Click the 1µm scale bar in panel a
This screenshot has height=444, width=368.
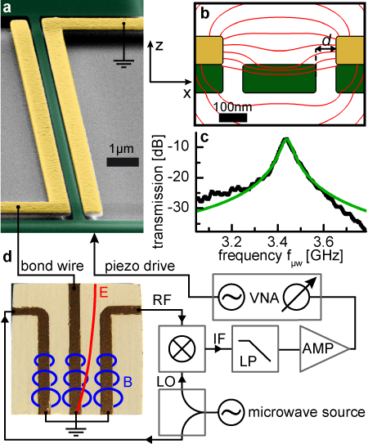123,162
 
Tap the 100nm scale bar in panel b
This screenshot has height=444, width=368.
233,118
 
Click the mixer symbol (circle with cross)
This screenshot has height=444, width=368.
182,348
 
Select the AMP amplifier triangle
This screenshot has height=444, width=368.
325,348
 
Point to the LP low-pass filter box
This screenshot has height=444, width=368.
255,348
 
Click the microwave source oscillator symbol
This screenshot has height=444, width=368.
231,412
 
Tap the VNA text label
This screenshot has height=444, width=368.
264,298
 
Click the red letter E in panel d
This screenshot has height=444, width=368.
104,292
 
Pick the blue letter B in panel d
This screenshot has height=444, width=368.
128,382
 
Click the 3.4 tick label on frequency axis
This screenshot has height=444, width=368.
278,242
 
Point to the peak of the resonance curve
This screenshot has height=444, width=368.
286,138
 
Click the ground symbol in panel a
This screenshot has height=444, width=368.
123,63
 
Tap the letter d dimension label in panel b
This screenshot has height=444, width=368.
327,41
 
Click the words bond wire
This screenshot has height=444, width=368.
52,267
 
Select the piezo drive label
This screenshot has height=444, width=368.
140,267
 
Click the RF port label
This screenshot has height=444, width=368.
162,300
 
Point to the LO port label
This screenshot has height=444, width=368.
166,382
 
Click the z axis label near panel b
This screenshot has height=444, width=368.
159,45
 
